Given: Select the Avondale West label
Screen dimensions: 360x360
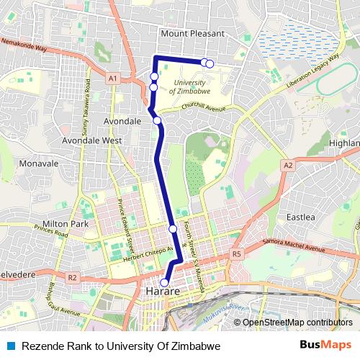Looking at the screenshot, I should [91, 140].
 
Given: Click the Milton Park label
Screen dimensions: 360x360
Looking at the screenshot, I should [66, 224].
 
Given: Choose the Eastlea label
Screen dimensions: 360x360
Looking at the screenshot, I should [300, 217].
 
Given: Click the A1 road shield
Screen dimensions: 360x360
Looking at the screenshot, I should [112, 78].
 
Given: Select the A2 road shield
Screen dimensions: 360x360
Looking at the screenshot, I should [288, 166].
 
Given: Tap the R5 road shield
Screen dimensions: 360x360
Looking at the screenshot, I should [236, 254].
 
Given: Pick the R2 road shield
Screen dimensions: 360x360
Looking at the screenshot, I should [71, 277].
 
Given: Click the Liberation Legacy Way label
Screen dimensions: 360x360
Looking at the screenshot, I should [312, 71].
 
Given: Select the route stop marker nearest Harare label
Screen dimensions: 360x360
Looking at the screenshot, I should [165, 282].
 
